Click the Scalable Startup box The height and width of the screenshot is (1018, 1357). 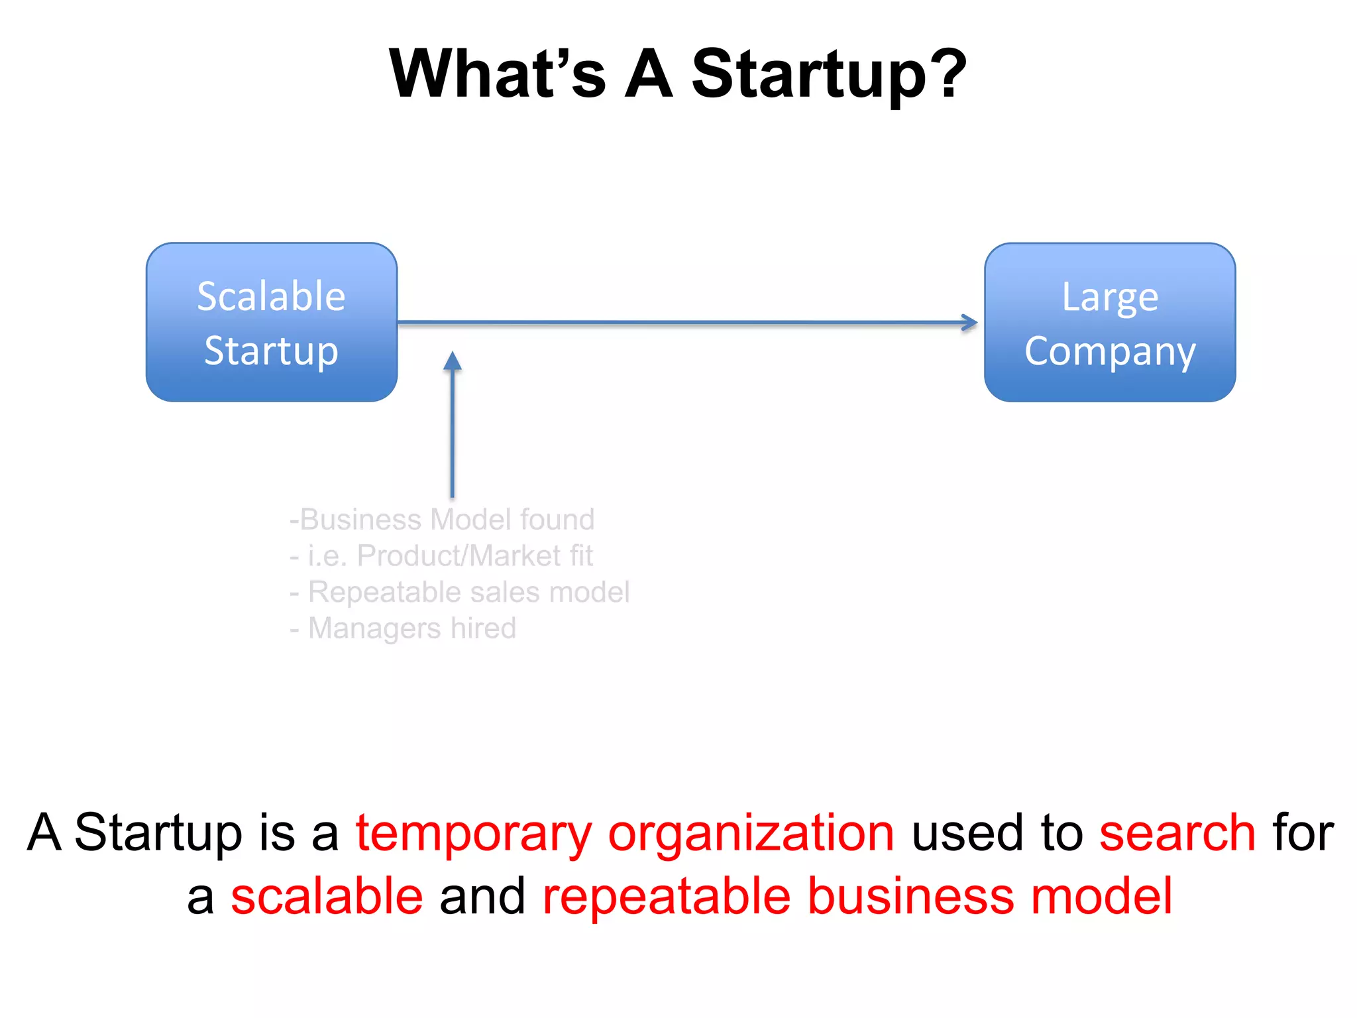(x=272, y=322)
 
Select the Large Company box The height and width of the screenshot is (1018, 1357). (x=1110, y=322)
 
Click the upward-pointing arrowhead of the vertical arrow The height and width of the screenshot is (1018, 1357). (x=453, y=361)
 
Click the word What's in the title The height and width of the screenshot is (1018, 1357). (x=497, y=74)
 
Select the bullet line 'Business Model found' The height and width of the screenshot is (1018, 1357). (x=442, y=520)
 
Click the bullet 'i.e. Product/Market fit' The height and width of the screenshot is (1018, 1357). (x=442, y=555)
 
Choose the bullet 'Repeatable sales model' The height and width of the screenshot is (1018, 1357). (x=460, y=592)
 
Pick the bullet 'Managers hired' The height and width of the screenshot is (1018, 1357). (x=403, y=628)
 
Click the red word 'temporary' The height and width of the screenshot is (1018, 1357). (x=474, y=834)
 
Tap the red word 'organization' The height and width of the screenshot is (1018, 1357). (x=751, y=832)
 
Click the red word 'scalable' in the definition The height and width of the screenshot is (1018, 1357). (x=327, y=896)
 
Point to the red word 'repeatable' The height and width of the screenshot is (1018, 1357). (x=667, y=897)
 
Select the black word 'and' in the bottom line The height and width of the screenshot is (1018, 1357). (x=482, y=896)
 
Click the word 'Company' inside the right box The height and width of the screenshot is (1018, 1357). (x=1110, y=351)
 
